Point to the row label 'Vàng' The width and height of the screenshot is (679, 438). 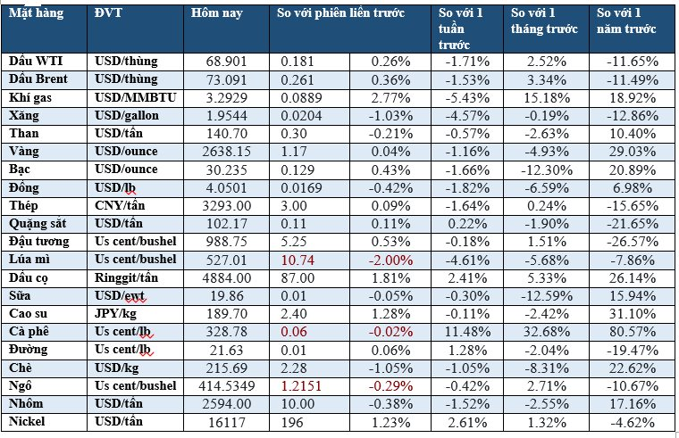click(23, 152)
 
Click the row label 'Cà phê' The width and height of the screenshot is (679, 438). click(28, 331)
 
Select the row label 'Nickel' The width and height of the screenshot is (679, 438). click(27, 421)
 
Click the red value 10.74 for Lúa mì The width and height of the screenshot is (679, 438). click(298, 259)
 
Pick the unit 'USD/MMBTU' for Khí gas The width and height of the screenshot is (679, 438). click(131, 98)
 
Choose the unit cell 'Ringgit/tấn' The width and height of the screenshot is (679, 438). click(126, 277)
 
